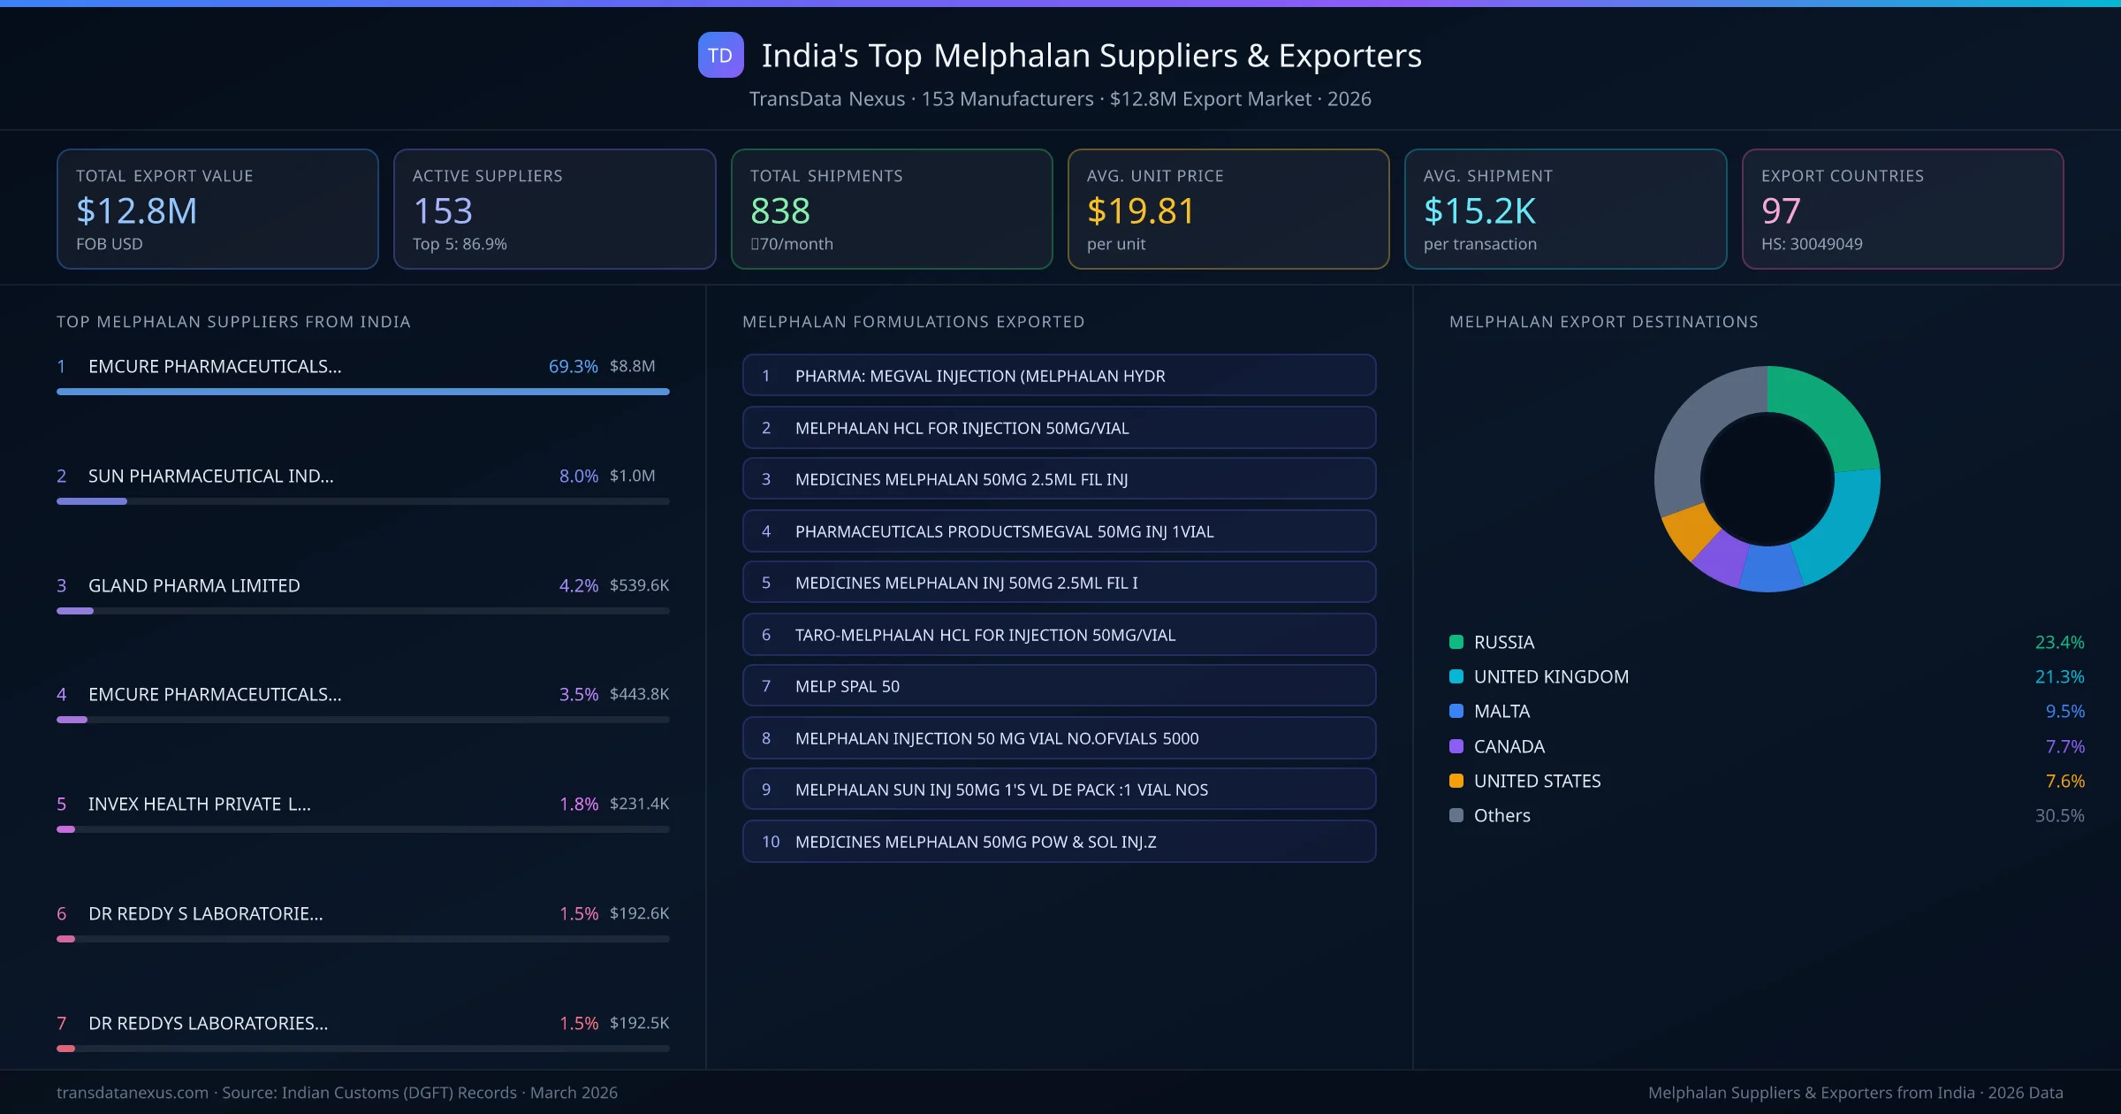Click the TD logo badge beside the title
(720, 56)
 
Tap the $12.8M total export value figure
(137, 211)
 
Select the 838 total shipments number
(779, 211)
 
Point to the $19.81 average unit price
(1140, 211)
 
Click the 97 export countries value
(1780, 211)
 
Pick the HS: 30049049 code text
(1811, 244)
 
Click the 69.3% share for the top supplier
(573, 366)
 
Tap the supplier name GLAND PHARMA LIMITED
(194, 585)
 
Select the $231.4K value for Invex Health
(639, 804)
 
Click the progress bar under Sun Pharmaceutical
(362, 501)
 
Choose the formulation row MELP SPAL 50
(847, 686)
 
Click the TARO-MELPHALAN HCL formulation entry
(984, 635)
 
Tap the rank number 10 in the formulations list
(770, 842)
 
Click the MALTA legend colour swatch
(1456, 711)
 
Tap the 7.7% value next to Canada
(2064, 746)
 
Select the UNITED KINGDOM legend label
(1550, 676)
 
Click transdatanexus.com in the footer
(133, 1093)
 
